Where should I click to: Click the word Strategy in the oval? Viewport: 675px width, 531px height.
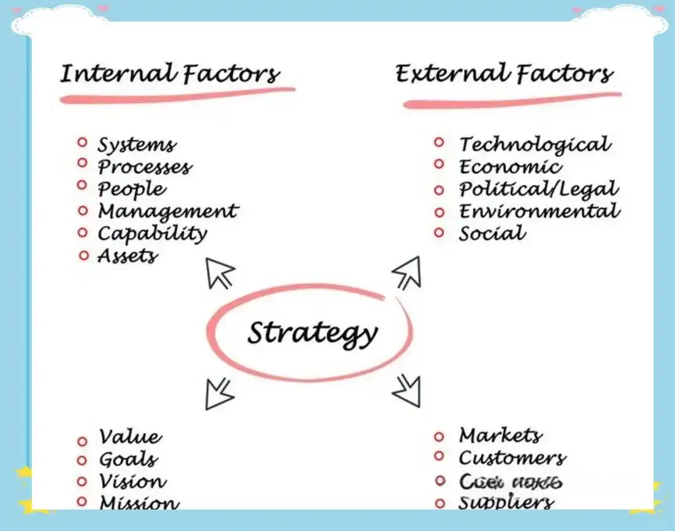312,333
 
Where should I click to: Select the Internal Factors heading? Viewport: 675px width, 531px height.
170,74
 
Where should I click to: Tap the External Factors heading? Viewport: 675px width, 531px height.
504,75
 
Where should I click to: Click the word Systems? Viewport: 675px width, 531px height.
137,145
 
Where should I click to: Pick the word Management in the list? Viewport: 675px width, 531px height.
167,212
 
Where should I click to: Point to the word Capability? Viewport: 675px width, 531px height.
153,234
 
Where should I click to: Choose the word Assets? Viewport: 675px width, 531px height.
128,256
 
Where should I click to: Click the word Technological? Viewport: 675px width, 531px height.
535,145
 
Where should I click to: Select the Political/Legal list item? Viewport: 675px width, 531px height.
539,189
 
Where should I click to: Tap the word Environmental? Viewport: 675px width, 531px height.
540,212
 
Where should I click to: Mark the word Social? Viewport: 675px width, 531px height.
492,234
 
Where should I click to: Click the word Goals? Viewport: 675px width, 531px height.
128,460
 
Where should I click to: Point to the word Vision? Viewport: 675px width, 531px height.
132,482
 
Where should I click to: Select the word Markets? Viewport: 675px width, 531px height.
500,436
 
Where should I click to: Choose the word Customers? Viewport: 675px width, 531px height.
512,458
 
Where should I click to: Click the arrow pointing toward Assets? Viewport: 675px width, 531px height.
219,272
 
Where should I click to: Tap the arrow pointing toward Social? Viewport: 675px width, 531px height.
407,272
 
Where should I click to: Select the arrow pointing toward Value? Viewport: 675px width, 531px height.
218,393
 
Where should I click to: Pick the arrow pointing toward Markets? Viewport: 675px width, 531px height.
407,390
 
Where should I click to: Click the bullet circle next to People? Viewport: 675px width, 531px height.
83,185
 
